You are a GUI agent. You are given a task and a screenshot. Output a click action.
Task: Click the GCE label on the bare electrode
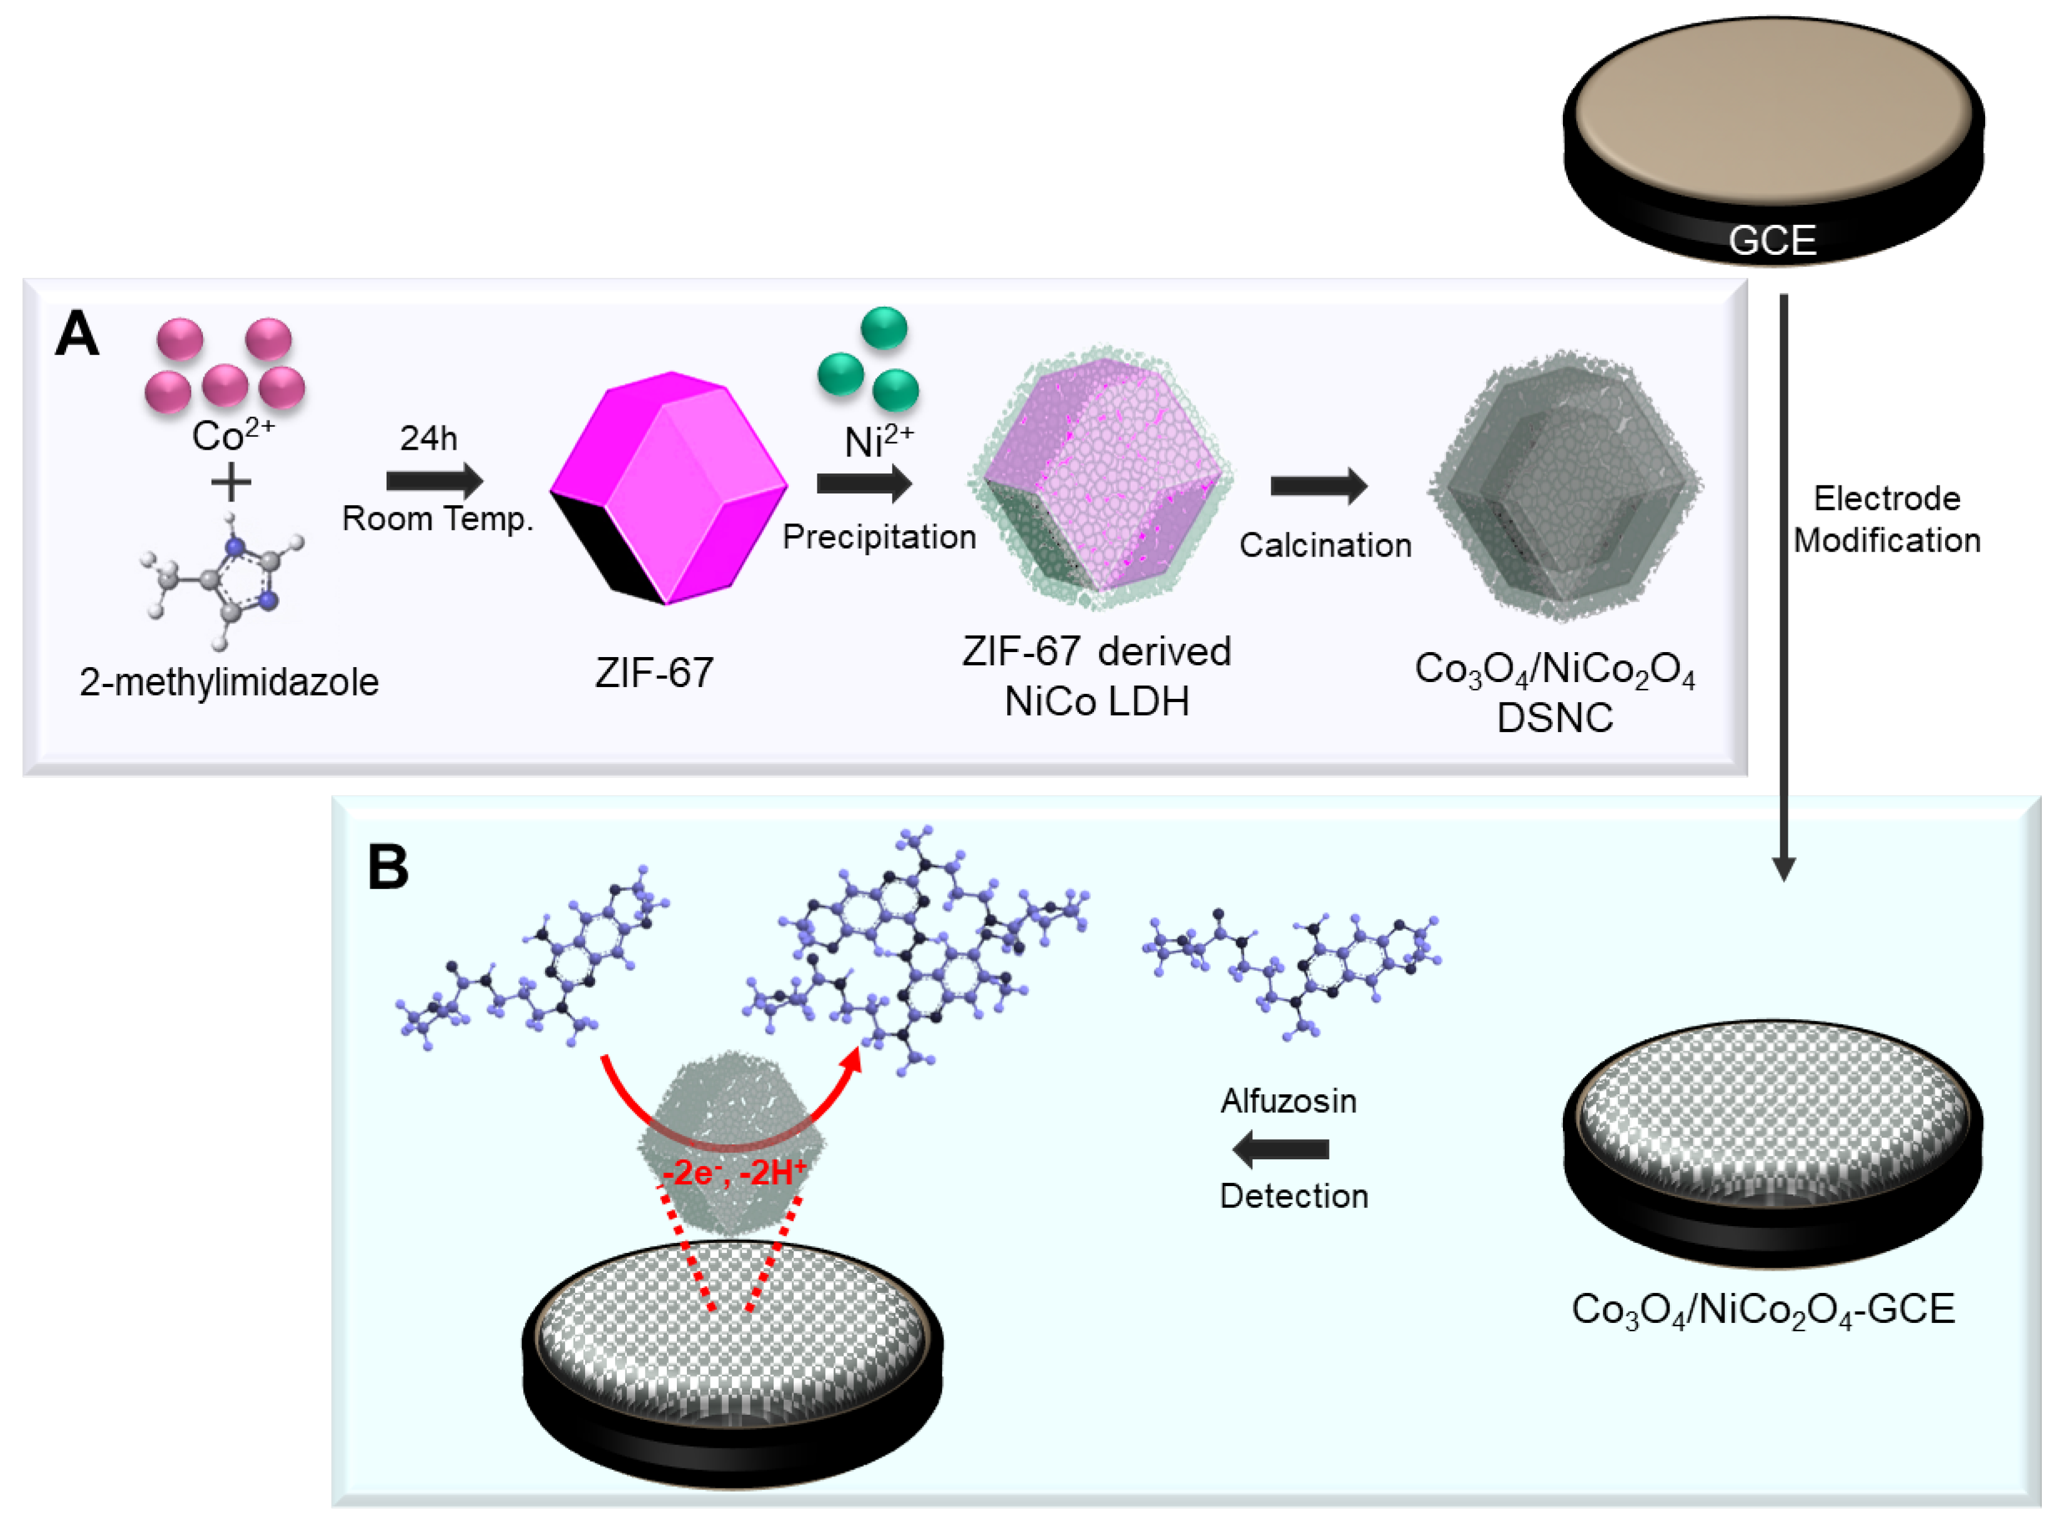(x=1772, y=240)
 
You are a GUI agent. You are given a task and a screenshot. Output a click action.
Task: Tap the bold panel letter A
(x=77, y=334)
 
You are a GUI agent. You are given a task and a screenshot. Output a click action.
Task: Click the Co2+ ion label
(x=232, y=435)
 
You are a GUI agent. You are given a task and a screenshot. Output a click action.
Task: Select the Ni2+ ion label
(x=878, y=442)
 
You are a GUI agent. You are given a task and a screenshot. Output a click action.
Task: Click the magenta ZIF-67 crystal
(x=668, y=488)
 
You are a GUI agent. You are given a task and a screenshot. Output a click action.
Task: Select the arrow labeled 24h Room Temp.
(x=434, y=480)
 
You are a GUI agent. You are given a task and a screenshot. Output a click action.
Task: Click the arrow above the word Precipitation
(x=864, y=483)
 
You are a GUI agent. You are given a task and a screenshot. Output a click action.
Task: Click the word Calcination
(x=1325, y=545)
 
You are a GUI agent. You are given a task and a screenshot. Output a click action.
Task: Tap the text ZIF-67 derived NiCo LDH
(x=1097, y=676)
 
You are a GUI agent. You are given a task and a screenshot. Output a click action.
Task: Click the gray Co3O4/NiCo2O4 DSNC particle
(x=1564, y=486)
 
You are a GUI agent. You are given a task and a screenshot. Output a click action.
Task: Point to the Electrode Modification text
(x=1886, y=519)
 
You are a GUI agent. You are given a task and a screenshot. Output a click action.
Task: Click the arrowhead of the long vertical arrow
(x=1783, y=867)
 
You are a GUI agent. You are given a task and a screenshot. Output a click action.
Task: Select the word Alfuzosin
(x=1288, y=1101)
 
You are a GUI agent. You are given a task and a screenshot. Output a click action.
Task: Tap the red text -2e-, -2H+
(x=734, y=1172)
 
